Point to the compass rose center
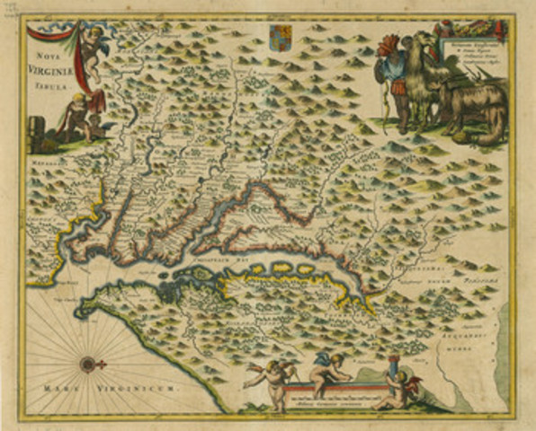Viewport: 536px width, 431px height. (x=88, y=364)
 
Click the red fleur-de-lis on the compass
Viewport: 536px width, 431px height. (x=102, y=364)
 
